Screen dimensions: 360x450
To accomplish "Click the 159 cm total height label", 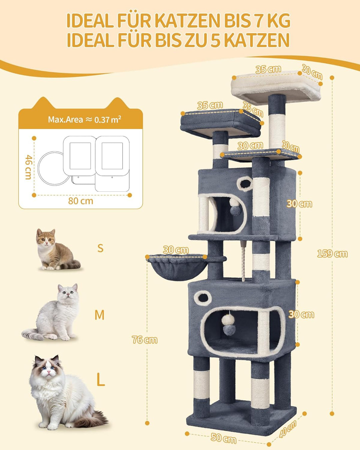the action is click(332, 254).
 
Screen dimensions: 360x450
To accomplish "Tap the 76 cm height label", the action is click(145, 340).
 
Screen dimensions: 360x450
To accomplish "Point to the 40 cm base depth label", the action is click(288, 429).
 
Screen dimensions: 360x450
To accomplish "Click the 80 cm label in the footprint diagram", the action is click(81, 201).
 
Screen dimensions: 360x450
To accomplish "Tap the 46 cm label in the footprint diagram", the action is click(28, 167).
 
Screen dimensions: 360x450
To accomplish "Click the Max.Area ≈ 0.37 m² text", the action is click(85, 119).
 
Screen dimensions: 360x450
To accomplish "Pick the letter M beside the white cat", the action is click(100, 315).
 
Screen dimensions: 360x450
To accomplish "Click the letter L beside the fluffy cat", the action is click(100, 380).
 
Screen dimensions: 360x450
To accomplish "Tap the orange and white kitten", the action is click(56, 249).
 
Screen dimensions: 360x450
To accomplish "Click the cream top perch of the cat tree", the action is click(276, 87).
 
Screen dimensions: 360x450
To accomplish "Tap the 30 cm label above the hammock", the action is click(176, 250).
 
